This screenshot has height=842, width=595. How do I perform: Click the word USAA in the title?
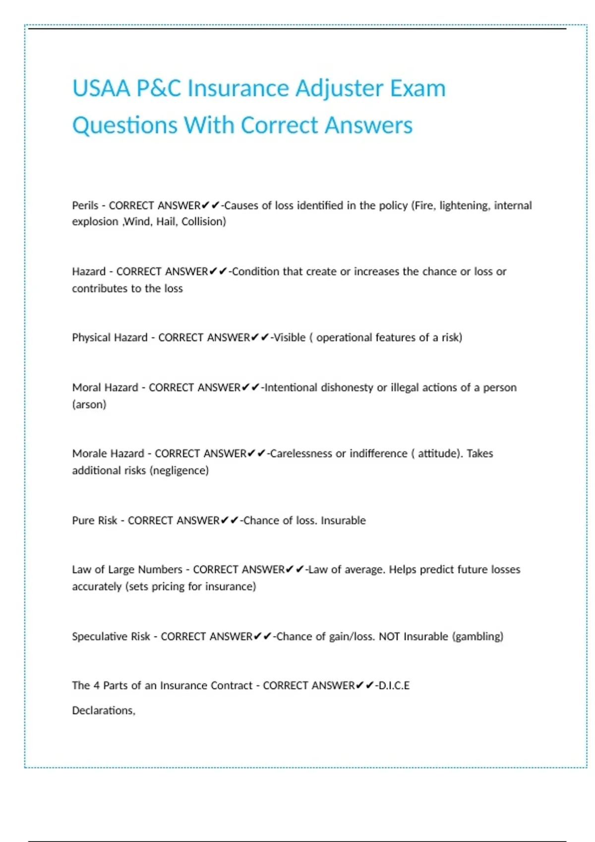[101, 89]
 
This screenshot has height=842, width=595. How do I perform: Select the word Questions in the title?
[125, 125]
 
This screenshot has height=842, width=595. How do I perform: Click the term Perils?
[85, 206]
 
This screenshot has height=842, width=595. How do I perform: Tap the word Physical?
[92, 338]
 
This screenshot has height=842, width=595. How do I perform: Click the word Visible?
[290, 338]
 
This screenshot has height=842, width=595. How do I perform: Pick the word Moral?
[87, 388]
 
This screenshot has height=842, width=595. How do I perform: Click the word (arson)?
[89, 405]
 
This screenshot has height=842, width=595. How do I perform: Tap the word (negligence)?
[179, 471]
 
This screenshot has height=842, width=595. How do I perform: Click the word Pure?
[82, 521]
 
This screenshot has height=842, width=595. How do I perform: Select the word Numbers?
[160, 570]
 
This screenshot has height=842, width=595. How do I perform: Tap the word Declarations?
[103, 711]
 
